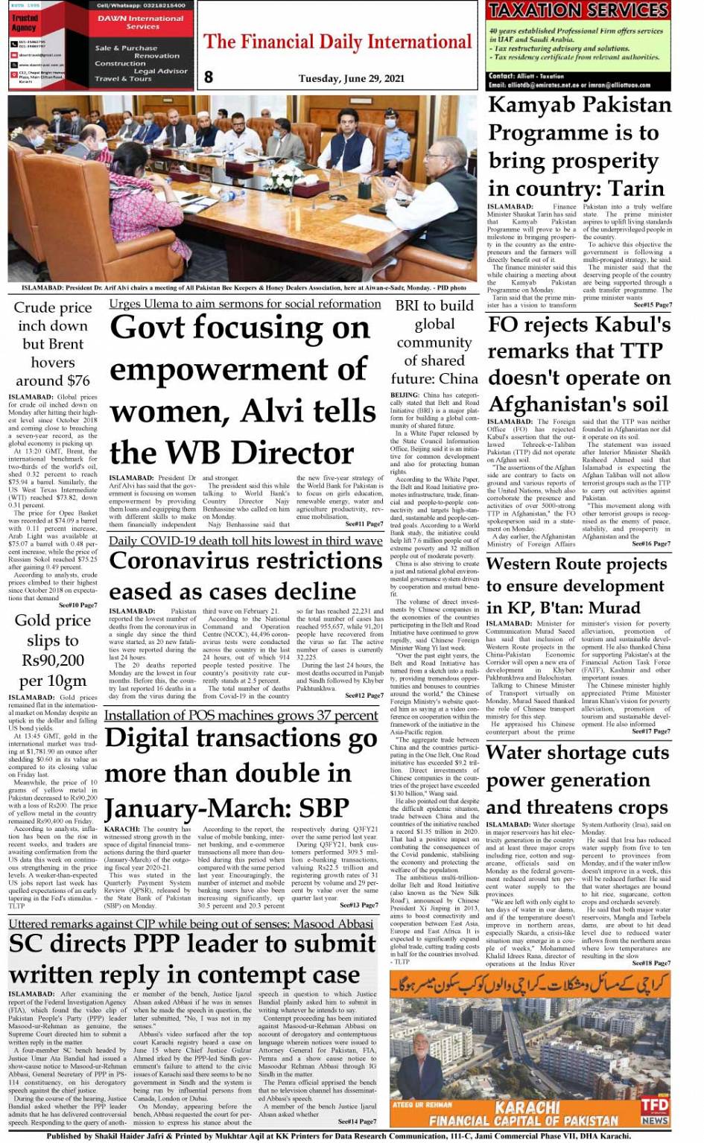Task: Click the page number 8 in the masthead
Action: tap(209, 77)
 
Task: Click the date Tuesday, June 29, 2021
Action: tap(351, 78)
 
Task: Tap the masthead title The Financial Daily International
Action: tap(337, 42)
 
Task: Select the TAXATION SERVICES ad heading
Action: tap(578, 10)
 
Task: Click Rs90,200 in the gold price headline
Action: tap(53, 660)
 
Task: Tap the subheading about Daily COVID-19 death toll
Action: tap(245, 541)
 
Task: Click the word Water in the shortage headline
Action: tap(521, 754)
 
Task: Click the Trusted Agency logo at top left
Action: tap(25, 23)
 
